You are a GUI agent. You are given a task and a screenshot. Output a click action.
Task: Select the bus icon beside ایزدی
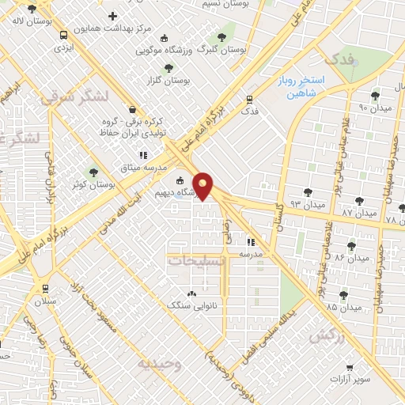coord(62,35)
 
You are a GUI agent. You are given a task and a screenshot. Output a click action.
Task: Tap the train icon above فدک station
coord(250,100)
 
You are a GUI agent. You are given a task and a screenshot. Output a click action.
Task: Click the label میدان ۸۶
coord(352,258)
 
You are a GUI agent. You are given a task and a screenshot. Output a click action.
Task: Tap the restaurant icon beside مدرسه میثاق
coord(143,155)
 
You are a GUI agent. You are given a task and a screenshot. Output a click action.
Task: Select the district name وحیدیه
coord(161,364)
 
